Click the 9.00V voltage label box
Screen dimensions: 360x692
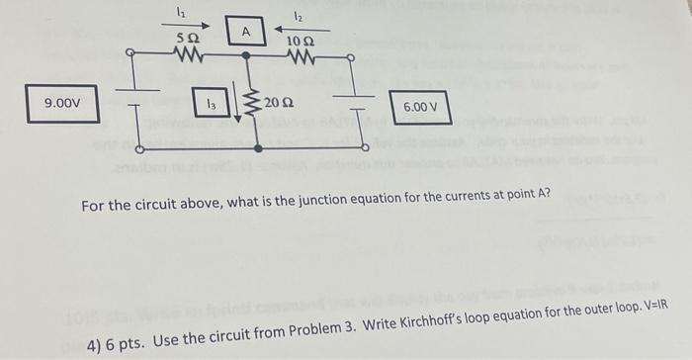[62, 103]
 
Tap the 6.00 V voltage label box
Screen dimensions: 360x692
[420, 107]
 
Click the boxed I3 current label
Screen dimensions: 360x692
[211, 102]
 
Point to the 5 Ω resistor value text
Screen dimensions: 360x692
[185, 38]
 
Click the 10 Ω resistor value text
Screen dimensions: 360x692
[301, 41]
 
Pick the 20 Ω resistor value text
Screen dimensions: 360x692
[278, 102]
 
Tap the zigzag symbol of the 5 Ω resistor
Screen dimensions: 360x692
[185, 55]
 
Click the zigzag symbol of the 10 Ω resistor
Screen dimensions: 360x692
[303, 58]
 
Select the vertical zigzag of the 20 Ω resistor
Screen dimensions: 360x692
[256, 102]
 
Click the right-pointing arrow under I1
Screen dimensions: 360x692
[185, 25]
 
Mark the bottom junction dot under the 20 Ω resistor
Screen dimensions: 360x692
[257, 147]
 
